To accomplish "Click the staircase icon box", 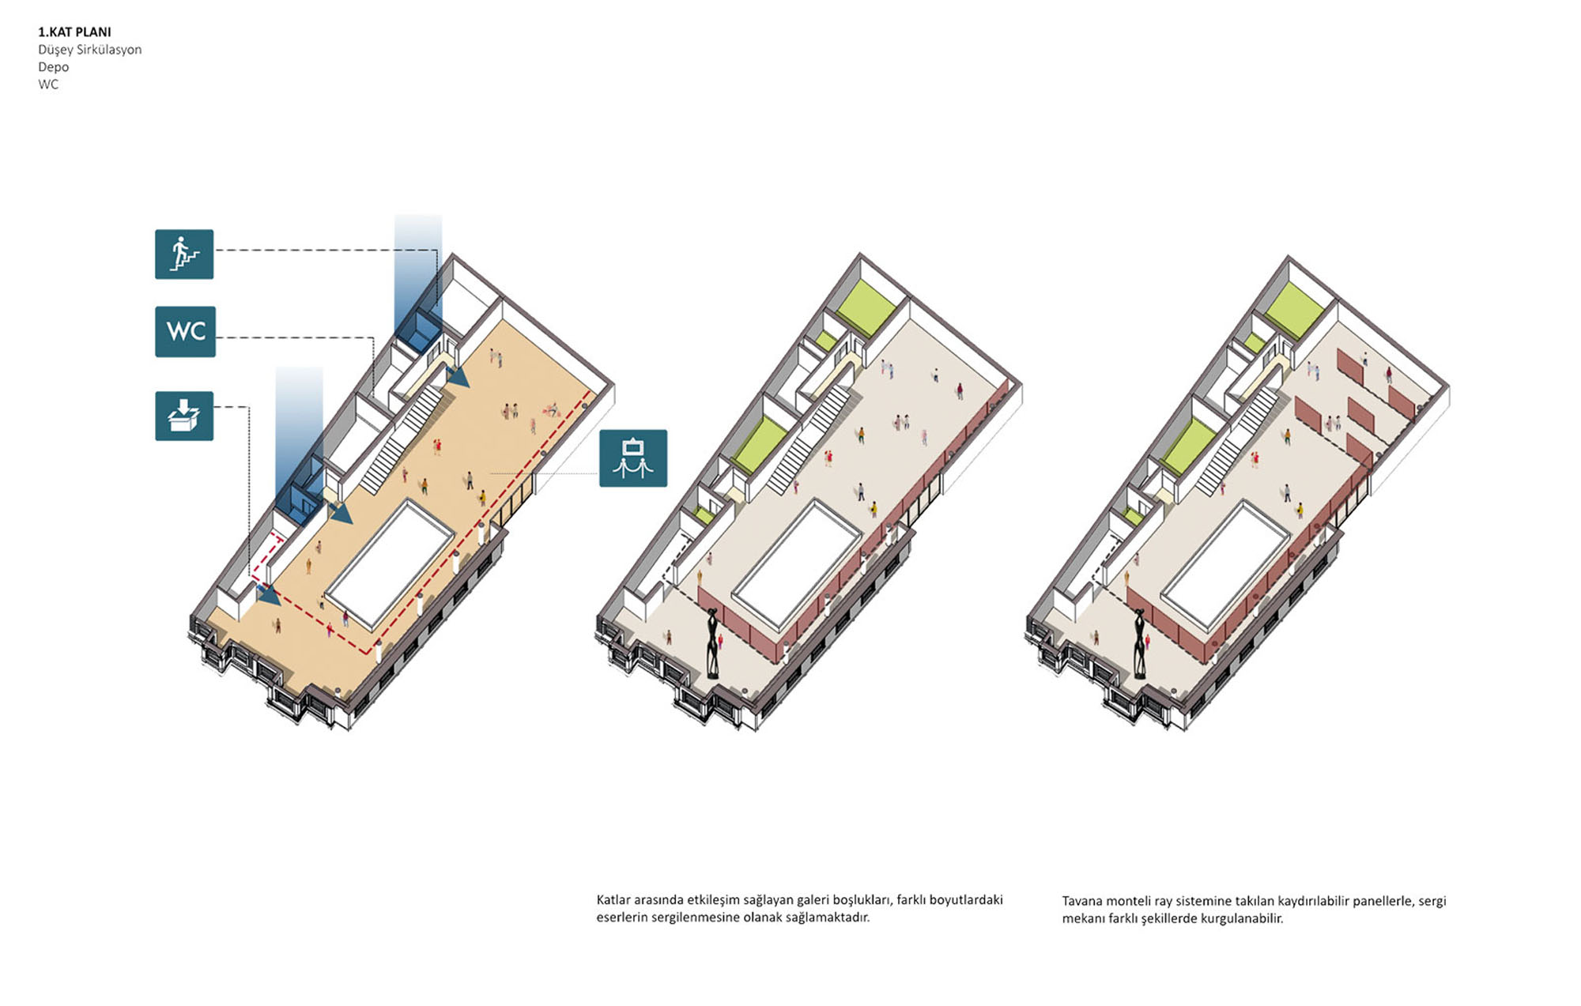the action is click(x=184, y=254).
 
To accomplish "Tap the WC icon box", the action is click(x=185, y=331).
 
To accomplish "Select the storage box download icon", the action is click(x=184, y=416).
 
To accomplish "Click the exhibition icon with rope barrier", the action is click(x=633, y=458).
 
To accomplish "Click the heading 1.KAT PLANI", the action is click(x=74, y=32).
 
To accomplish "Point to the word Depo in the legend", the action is click(x=53, y=67).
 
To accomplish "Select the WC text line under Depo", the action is click(x=48, y=85).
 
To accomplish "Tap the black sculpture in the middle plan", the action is click(x=712, y=642).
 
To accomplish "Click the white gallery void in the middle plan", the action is click(x=796, y=563).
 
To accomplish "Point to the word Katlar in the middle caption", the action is click(x=613, y=900).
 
